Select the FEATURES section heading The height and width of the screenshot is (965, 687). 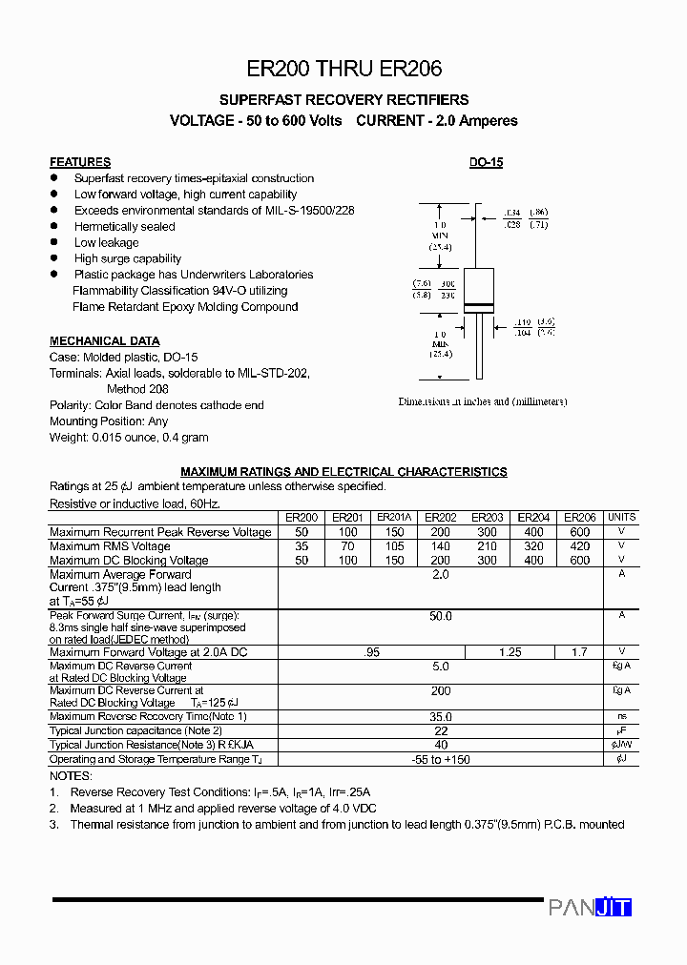point(80,162)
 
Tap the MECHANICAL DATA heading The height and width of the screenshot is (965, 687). point(105,340)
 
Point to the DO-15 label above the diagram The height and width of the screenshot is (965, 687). point(486,162)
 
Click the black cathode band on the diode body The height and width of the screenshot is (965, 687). point(477,305)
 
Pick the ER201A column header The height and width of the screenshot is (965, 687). point(394,518)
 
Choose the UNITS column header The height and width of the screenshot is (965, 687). point(621,518)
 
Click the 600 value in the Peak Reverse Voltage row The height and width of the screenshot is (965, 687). point(579,532)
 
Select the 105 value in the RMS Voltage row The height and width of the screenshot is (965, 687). point(394,546)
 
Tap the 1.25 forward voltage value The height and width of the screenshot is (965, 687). point(510,652)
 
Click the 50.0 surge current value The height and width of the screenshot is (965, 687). point(440,617)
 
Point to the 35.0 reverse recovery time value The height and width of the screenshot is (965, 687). point(440,716)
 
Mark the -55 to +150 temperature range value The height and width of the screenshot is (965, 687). point(440,760)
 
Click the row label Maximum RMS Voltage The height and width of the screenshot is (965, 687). point(110,546)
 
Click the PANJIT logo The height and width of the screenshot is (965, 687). point(590,908)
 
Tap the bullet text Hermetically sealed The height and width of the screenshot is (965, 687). point(125,227)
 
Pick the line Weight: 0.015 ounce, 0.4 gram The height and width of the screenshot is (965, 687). point(129,438)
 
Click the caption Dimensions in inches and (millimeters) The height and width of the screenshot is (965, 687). point(483,401)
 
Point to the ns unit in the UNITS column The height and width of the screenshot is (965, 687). point(621,716)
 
